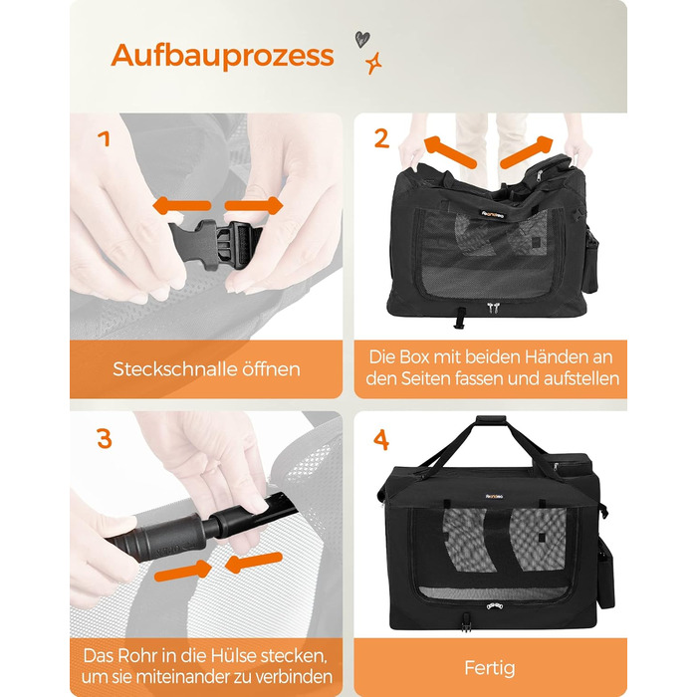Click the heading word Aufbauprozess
[x=222, y=56]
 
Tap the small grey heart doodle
[x=361, y=40]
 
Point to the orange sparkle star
[x=373, y=63]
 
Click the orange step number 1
[x=104, y=138]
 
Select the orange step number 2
[x=381, y=138]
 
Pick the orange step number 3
[x=104, y=439]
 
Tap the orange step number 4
[x=381, y=440]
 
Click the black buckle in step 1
[x=215, y=245]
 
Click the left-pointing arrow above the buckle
[x=181, y=206]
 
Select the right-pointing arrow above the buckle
[x=254, y=206]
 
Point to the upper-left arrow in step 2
[x=449, y=151]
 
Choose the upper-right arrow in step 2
[x=527, y=152]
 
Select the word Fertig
[x=490, y=668]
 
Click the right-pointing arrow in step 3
[x=183, y=570]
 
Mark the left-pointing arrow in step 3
[x=254, y=563]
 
